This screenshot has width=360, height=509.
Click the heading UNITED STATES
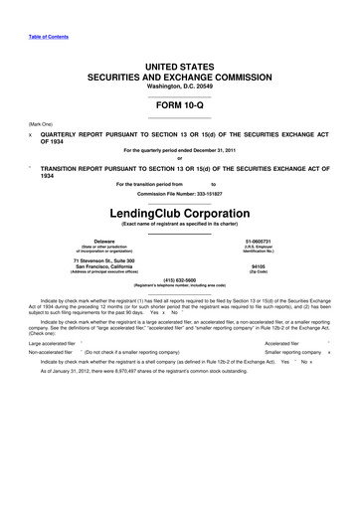[x=179, y=65]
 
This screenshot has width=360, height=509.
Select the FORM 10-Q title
[x=179, y=104]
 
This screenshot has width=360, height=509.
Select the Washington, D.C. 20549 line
[x=179, y=85]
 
